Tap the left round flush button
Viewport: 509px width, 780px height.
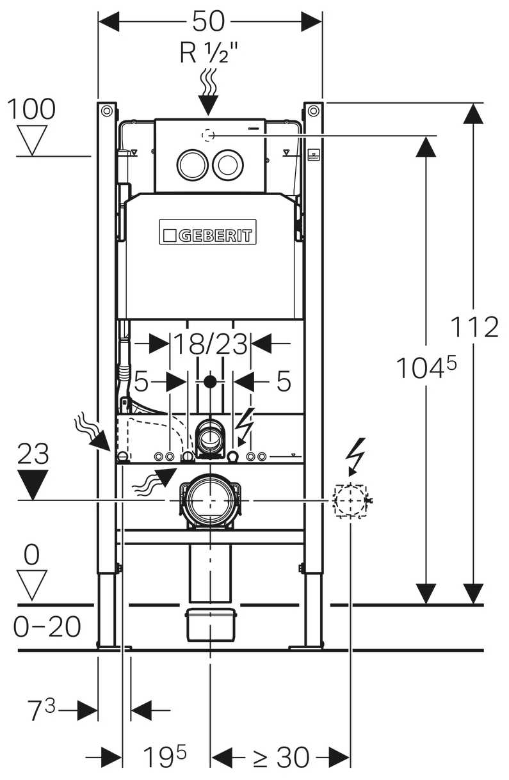[x=191, y=164]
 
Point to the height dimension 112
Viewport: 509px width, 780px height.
[x=474, y=328]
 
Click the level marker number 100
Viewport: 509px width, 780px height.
[x=31, y=109]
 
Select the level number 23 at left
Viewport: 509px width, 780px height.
[x=33, y=455]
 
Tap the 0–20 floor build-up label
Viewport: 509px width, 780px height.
[x=47, y=627]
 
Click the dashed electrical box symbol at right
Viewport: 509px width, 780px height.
[x=350, y=499]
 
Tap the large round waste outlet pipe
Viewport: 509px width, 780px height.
[x=209, y=500]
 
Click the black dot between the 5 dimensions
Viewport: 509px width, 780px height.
[x=209, y=383]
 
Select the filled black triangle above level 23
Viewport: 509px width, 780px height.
[x=33, y=484]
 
